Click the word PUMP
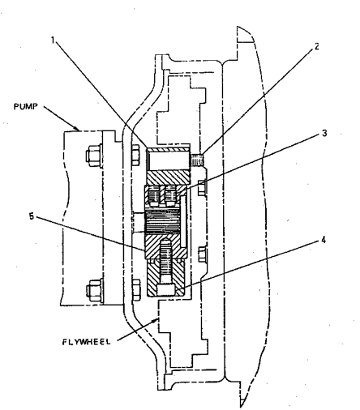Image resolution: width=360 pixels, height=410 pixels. [25, 106]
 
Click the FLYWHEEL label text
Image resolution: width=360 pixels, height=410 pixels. [87, 342]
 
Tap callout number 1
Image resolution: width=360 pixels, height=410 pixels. [53, 40]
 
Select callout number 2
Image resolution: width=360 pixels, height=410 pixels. [316, 46]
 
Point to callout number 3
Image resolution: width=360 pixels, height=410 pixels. [324, 133]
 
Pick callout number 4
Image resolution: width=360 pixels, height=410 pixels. [324, 240]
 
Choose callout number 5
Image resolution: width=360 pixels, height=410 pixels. [32, 216]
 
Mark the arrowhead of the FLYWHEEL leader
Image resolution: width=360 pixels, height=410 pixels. [155, 321]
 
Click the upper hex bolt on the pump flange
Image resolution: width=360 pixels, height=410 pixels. [94, 155]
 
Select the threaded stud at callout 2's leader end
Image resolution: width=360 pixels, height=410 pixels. [197, 160]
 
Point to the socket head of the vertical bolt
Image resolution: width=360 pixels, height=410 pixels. [165, 290]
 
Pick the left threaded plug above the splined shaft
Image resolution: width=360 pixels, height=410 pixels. [154, 195]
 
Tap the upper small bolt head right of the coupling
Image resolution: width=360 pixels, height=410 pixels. [202, 187]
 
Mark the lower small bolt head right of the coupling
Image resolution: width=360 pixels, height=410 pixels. [202, 254]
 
